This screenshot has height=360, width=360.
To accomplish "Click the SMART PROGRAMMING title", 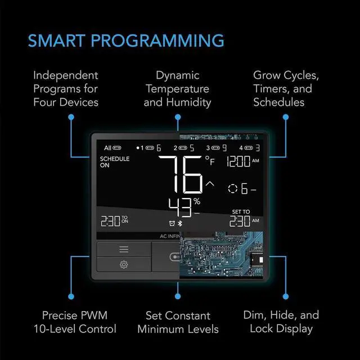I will [x=126, y=41].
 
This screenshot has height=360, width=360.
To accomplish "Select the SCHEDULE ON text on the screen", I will [x=114, y=162].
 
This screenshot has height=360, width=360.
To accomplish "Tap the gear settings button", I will [x=124, y=264].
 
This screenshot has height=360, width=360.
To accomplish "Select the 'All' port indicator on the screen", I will [x=112, y=148].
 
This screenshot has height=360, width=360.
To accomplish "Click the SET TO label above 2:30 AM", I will [x=241, y=212].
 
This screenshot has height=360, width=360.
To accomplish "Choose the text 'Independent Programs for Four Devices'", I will [x=66, y=88].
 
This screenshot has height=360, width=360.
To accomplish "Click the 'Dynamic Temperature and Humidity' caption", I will [x=177, y=88].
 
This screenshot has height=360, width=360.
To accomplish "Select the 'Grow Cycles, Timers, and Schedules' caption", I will [x=286, y=88].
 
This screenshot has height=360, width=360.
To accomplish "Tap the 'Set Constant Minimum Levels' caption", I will [x=178, y=322].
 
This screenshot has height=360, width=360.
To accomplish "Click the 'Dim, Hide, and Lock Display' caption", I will [x=281, y=322].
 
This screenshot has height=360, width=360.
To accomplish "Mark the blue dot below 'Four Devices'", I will [x=71, y=116].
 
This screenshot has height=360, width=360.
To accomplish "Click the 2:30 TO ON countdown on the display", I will [x=114, y=220].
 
